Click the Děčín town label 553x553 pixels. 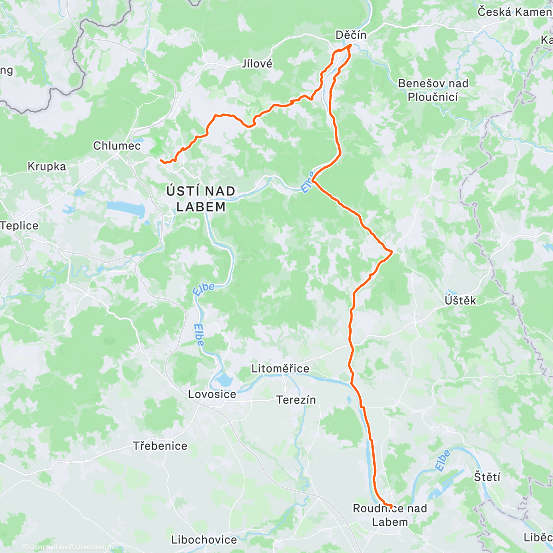click(351, 35)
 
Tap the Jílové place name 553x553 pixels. click(257, 64)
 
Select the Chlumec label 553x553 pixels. click(117, 146)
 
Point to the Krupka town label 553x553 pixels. click(47, 166)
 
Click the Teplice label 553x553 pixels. click(19, 225)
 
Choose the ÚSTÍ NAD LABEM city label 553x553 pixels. click(200, 199)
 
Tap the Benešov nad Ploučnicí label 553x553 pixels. click(433, 90)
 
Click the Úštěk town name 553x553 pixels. click(460, 300)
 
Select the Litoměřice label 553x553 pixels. click(280, 369)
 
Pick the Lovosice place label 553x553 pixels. click(212, 394)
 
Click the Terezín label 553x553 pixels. click(296, 400)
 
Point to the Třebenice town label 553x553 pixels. click(160, 446)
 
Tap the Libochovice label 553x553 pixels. click(204, 539)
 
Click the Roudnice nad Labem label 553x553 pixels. click(390, 515)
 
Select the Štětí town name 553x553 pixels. click(487, 476)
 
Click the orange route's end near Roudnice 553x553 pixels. click(391, 506)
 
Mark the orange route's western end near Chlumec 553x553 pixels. click(161, 160)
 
